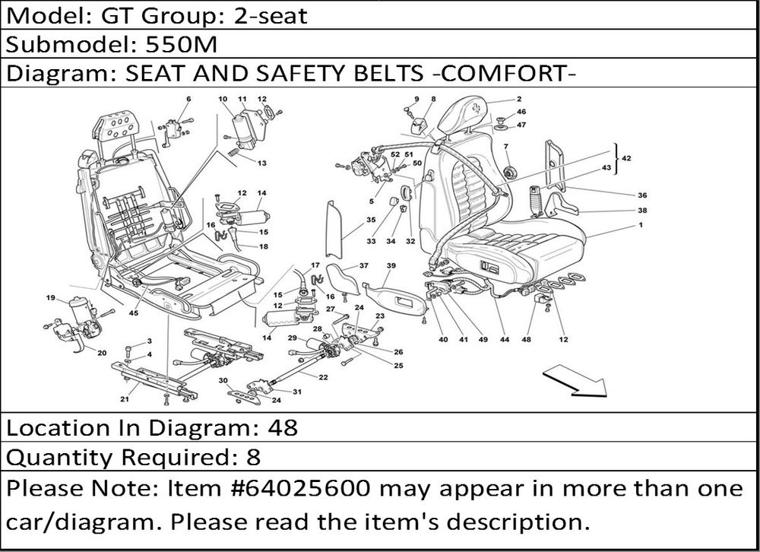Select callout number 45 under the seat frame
[x=134, y=312]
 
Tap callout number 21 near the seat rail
[x=124, y=398]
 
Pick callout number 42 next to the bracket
[x=626, y=159]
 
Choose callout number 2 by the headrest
[x=518, y=100]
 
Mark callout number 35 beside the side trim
[x=371, y=220]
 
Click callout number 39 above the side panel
[x=391, y=265]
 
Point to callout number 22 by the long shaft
[x=323, y=377]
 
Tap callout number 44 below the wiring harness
[x=504, y=340]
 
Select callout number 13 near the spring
[x=261, y=163]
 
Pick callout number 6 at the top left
[x=188, y=100]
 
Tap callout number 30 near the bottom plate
[x=223, y=380]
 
